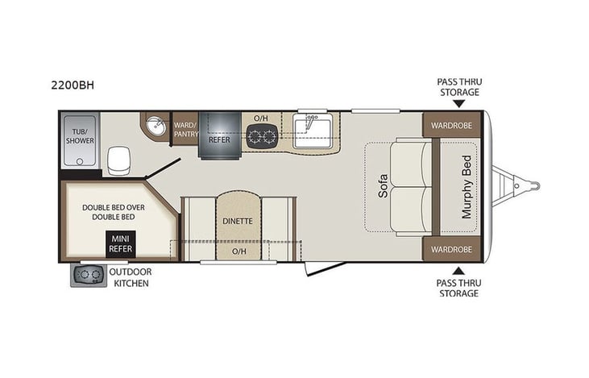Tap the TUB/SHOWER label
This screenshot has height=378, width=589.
[x=80, y=135]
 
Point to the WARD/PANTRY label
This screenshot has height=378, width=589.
[x=185, y=130]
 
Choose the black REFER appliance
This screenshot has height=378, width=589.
[x=219, y=138]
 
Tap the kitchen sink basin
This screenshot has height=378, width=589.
[x=313, y=128]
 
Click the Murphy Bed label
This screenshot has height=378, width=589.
[x=467, y=188]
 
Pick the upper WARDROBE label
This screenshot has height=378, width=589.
[x=451, y=126]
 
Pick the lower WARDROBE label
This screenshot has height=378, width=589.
[x=451, y=249]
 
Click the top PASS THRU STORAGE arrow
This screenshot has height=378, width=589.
[x=458, y=104]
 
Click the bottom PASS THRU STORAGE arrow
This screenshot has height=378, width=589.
[x=458, y=271]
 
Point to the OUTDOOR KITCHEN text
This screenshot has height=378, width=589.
[x=130, y=277]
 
